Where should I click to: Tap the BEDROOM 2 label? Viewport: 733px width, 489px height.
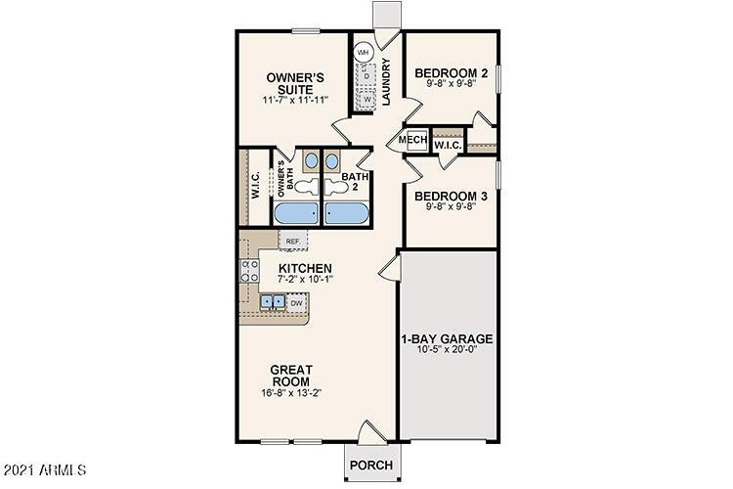[451, 73]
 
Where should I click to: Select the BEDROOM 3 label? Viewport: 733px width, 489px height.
[451, 196]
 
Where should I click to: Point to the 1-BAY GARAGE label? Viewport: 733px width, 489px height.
[447, 339]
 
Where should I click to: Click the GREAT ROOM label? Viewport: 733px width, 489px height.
[290, 376]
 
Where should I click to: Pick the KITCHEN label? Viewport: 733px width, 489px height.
[305, 269]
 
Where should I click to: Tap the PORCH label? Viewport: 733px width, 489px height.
[371, 465]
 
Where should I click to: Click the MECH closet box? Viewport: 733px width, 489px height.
[412, 141]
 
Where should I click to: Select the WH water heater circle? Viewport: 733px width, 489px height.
[364, 51]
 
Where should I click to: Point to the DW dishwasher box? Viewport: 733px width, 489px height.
[296, 303]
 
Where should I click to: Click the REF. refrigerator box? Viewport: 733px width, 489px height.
[292, 240]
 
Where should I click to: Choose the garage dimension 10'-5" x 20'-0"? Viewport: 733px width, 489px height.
[447, 352]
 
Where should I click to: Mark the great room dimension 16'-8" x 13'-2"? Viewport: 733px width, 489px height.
[290, 393]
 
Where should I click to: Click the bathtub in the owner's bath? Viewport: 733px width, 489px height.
[297, 214]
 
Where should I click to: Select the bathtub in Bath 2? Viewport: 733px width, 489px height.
[347, 214]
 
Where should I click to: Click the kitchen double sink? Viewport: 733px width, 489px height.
[272, 303]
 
